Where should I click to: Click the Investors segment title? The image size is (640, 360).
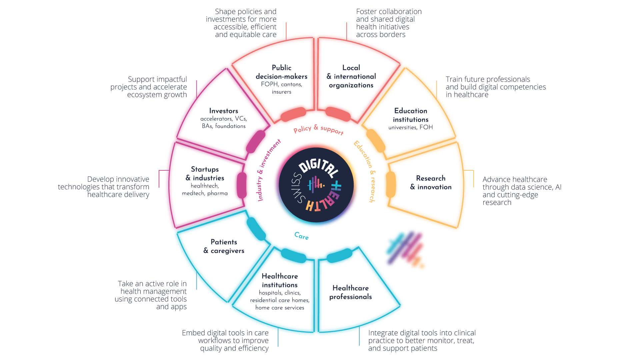coord(224,111)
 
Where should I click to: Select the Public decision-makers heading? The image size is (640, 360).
coord(282,72)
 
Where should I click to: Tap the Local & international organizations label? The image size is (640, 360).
coord(351,76)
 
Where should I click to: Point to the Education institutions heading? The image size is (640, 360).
coord(411,115)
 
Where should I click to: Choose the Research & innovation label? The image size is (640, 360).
coord(431,183)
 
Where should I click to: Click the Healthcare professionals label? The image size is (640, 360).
coord(351,292)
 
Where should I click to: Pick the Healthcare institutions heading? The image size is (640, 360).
coord(280,280)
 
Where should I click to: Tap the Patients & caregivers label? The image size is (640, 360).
coord(224,246)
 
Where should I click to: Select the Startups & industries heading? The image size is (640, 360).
coord(205,173)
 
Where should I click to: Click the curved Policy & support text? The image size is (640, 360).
coord(318,129)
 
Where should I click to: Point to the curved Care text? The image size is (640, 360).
coord(302,236)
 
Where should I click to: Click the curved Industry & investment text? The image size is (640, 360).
coord(268,170)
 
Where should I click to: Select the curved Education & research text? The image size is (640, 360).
coord(365,171)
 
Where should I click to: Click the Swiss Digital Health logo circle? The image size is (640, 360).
coord(316,185)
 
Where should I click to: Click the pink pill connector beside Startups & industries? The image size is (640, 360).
coord(242,185)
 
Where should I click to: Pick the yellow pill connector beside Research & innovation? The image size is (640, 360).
coord(391,184)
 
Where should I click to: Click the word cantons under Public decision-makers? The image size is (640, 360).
coord(292,84)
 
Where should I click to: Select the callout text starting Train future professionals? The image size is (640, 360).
coord(496,87)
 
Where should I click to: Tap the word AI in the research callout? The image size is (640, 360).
coord(558,187)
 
